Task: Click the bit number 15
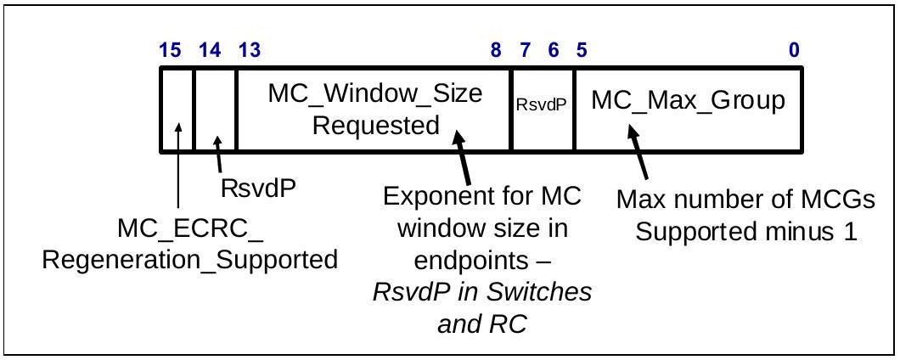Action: pos(170,50)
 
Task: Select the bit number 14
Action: pos(210,50)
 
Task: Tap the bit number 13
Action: pos(249,50)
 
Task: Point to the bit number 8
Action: pos(496,50)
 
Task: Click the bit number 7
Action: pos(525,50)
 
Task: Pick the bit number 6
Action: pos(554,50)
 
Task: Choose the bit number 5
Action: pos(582,50)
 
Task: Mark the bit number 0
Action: pos(793,50)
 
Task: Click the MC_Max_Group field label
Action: pos(689,101)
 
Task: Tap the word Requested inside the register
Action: pos(376,125)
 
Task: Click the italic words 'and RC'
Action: pos(482,325)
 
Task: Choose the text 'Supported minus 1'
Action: pos(747,232)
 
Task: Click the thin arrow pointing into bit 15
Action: pos(178,166)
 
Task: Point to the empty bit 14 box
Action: pos(216,110)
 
